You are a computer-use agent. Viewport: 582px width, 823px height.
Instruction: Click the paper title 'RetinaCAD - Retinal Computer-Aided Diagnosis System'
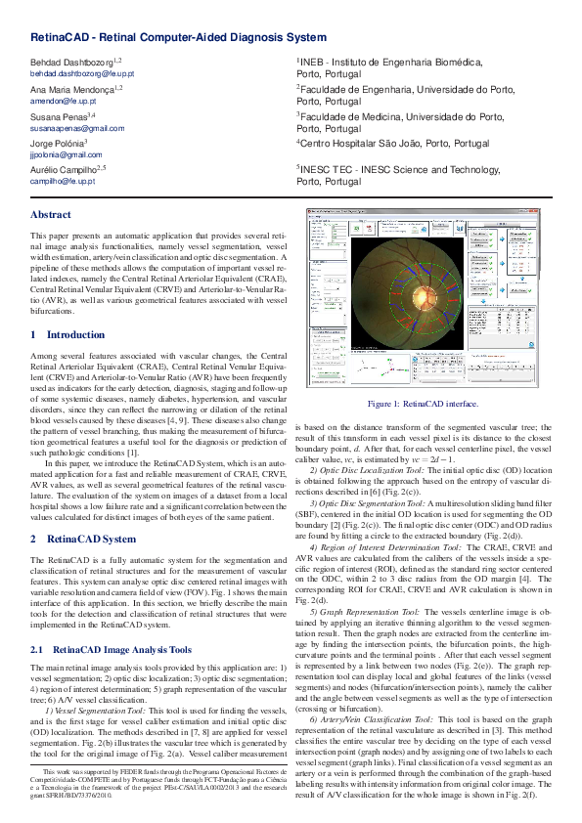[x=178, y=37]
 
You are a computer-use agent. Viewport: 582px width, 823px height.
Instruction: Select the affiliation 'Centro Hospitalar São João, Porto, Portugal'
[x=394, y=143]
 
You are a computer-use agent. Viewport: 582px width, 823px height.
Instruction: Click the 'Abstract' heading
[x=51, y=214]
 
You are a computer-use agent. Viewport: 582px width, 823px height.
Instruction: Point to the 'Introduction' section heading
[x=67, y=334]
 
